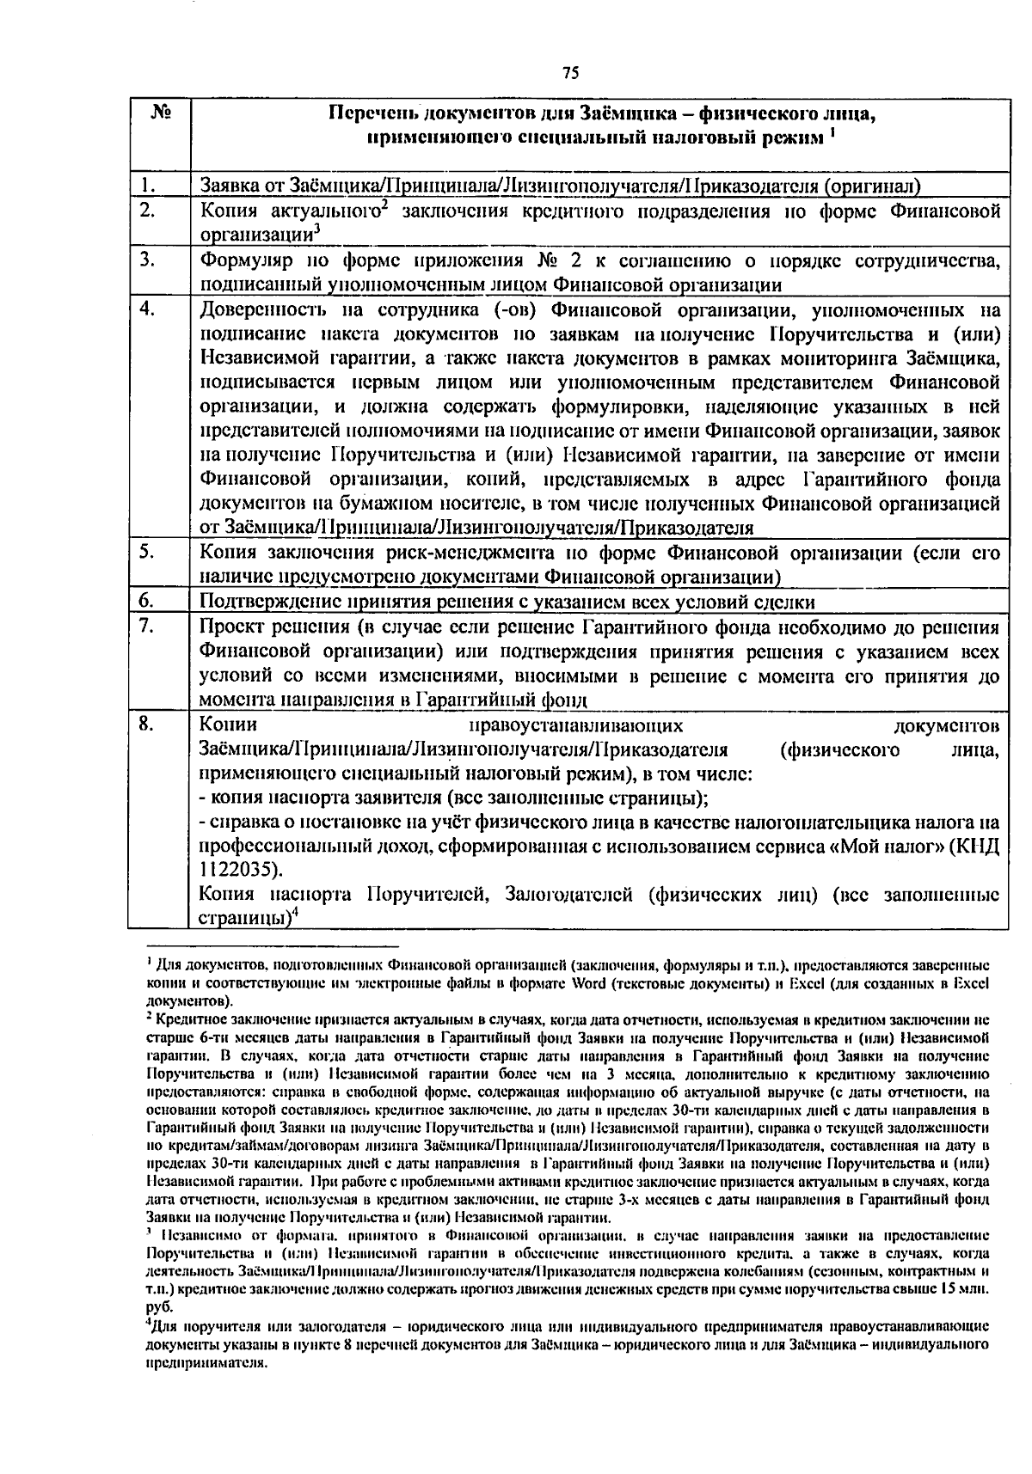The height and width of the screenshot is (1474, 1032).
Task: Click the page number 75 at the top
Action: [x=569, y=73]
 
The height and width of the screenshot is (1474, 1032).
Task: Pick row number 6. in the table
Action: [x=147, y=601]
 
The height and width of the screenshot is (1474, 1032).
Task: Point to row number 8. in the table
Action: [x=147, y=725]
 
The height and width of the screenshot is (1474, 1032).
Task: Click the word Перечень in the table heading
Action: [x=372, y=113]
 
